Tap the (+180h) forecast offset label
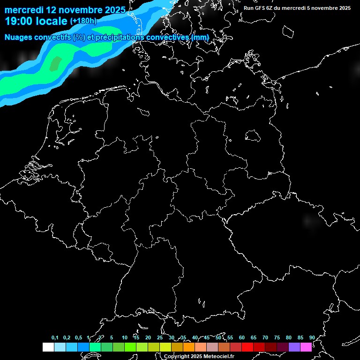point(83,21)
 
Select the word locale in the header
point(52,21)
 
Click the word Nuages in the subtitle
point(18,37)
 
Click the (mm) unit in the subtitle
point(200,37)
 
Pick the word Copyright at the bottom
point(177,357)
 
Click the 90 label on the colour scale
point(312,337)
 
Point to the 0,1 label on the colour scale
point(55,337)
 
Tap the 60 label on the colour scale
point(241,337)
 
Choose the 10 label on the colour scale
point(124,337)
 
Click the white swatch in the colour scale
point(48,347)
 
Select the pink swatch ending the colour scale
point(306,347)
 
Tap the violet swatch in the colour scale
point(294,347)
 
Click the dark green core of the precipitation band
point(55,63)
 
